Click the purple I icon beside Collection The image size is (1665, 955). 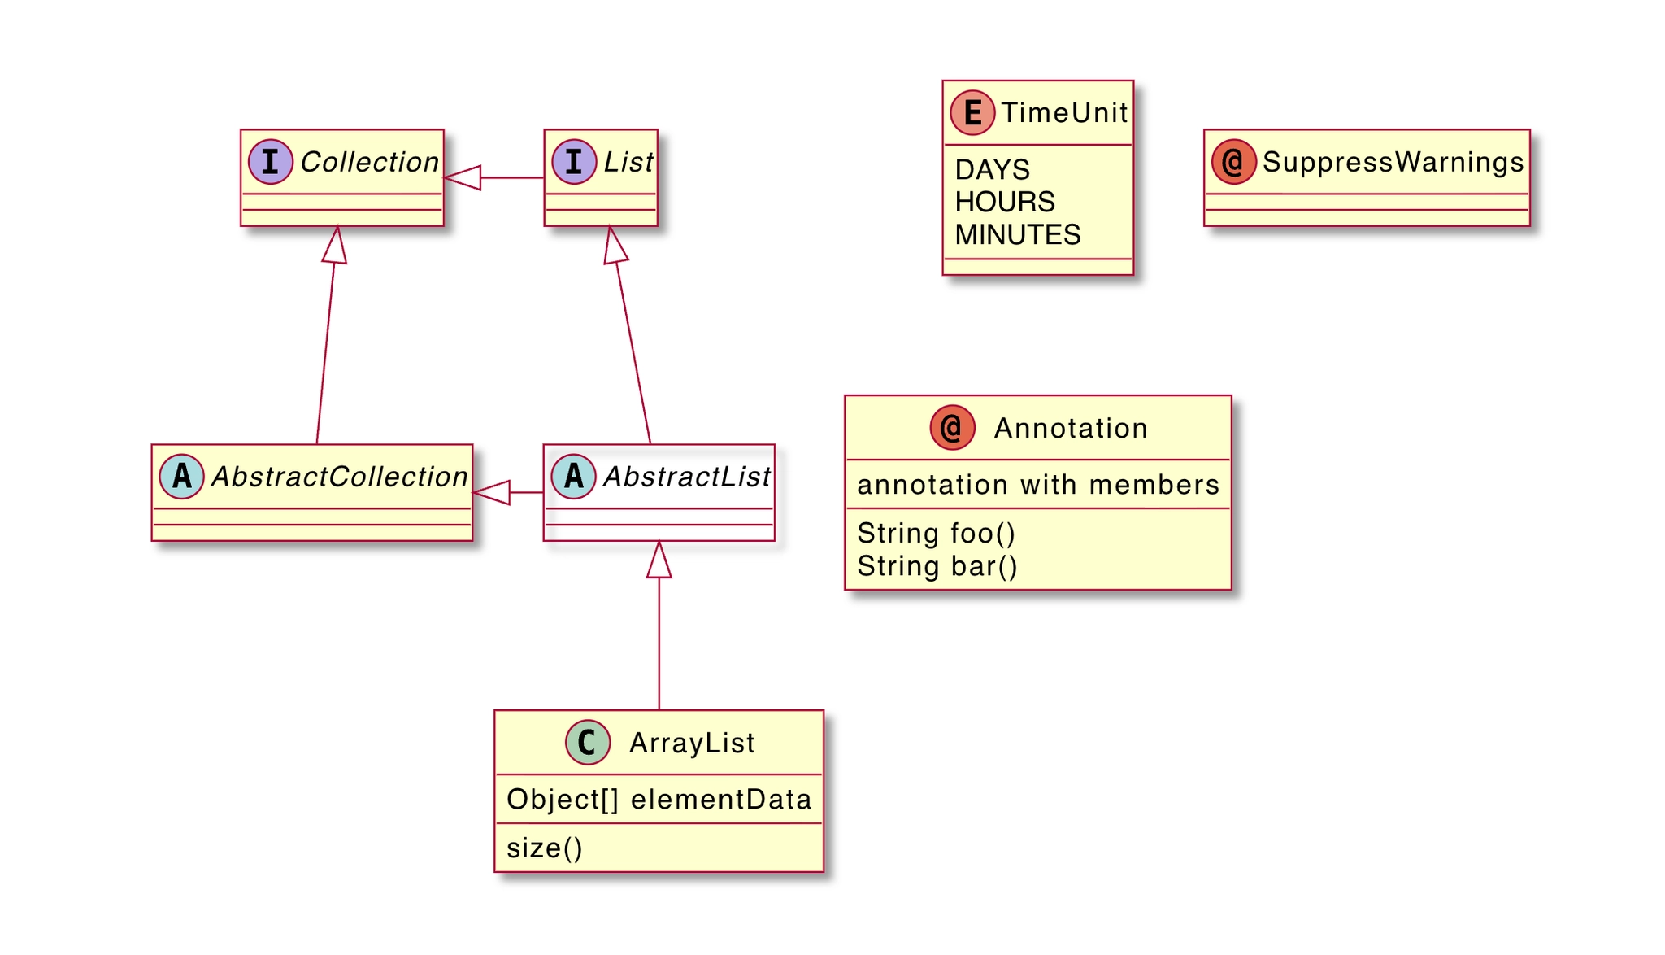[x=271, y=162]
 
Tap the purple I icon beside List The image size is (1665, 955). [x=574, y=162]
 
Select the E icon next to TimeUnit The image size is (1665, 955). [x=972, y=112]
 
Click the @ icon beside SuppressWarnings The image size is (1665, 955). [x=1233, y=162]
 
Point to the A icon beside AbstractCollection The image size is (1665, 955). [x=181, y=477]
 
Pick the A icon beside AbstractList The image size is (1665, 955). [x=573, y=477]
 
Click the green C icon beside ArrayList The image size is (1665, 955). [x=587, y=742]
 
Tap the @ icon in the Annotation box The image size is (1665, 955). [x=952, y=428]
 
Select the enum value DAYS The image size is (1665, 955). [x=992, y=170]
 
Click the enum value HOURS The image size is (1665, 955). [x=1005, y=202]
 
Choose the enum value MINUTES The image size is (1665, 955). [x=1018, y=235]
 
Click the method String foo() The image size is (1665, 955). [x=937, y=534]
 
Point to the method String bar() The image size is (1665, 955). [x=937, y=566]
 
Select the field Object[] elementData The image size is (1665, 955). [x=659, y=800]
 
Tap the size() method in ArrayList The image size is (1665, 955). [x=545, y=848]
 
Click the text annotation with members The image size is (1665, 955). [x=1038, y=485]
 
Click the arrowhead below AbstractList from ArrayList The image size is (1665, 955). [x=659, y=560]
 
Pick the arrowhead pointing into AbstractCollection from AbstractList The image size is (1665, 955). [x=491, y=492]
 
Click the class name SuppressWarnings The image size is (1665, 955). [x=1393, y=162]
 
